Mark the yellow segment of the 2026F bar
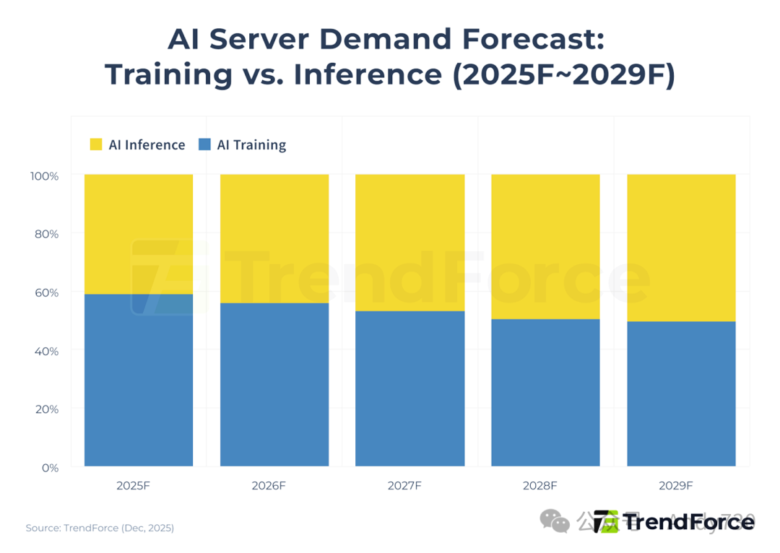(x=274, y=238)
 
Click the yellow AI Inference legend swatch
(x=96, y=144)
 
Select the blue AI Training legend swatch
(x=204, y=144)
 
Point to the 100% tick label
(x=45, y=175)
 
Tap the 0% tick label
(x=50, y=468)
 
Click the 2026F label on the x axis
(x=269, y=486)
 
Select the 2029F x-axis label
(x=675, y=486)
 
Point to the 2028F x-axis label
(x=540, y=486)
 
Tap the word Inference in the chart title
(x=368, y=75)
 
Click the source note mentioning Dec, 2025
(x=100, y=528)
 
